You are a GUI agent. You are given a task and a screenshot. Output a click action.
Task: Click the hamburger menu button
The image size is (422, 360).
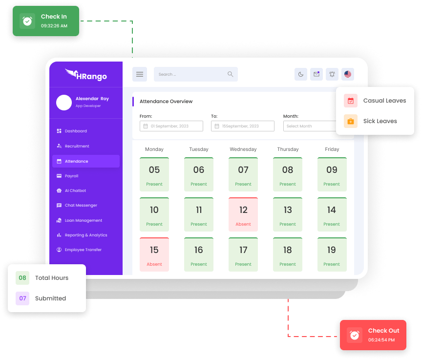(x=139, y=74)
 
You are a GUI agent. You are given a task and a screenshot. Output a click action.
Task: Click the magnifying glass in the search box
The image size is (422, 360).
(x=230, y=74)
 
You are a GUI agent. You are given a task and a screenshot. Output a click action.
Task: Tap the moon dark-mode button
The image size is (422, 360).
(x=301, y=74)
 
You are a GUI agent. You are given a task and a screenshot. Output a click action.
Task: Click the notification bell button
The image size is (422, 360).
(x=332, y=74)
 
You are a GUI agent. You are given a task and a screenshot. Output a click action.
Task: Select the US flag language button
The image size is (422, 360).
(x=348, y=74)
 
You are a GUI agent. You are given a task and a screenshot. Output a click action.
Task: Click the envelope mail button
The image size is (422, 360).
(x=316, y=74)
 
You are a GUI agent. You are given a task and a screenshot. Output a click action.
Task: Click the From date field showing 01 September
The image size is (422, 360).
(x=171, y=126)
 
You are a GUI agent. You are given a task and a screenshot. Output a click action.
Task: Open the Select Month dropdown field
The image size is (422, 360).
(x=310, y=126)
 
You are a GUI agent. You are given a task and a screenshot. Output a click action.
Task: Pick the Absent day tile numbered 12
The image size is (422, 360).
(x=243, y=214)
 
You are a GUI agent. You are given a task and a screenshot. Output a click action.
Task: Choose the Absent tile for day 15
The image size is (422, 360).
(x=154, y=254)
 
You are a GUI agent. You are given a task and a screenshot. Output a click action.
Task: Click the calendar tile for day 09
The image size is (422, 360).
(x=332, y=174)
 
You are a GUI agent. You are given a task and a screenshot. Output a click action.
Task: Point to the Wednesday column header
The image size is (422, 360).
(x=243, y=149)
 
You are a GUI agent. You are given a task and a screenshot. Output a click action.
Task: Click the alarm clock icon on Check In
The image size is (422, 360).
(x=27, y=21)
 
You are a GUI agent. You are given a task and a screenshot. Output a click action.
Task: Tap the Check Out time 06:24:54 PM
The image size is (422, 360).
(x=381, y=340)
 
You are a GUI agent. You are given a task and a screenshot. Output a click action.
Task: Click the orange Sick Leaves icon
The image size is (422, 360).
(x=351, y=121)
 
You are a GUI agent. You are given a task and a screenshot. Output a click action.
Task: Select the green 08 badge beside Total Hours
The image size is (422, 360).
(x=22, y=278)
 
